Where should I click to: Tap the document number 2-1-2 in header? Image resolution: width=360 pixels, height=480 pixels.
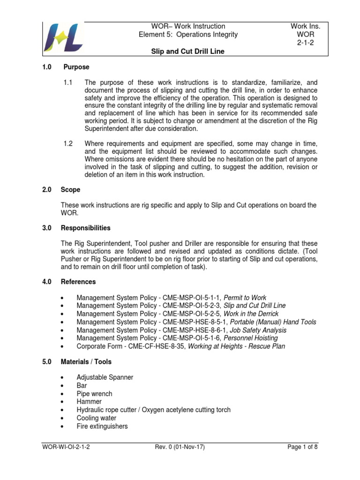click(305, 43)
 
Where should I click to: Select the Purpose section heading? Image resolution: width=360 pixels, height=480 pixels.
click(76, 67)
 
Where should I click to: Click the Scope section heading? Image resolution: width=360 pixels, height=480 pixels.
click(70, 190)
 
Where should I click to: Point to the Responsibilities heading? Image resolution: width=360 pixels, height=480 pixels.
click(86, 228)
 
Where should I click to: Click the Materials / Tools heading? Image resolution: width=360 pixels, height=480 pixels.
click(86, 362)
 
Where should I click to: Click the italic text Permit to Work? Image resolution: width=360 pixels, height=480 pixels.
click(245, 298)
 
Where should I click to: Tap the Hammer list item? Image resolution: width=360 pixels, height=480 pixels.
click(89, 402)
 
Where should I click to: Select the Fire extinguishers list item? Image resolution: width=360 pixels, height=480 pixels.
click(102, 426)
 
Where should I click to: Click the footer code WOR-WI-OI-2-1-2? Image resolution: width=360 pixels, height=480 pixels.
click(65, 447)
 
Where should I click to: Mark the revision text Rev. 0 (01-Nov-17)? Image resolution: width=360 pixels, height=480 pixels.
click(180, 447)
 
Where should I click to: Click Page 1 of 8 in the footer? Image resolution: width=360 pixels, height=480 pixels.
click(303, 447)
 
